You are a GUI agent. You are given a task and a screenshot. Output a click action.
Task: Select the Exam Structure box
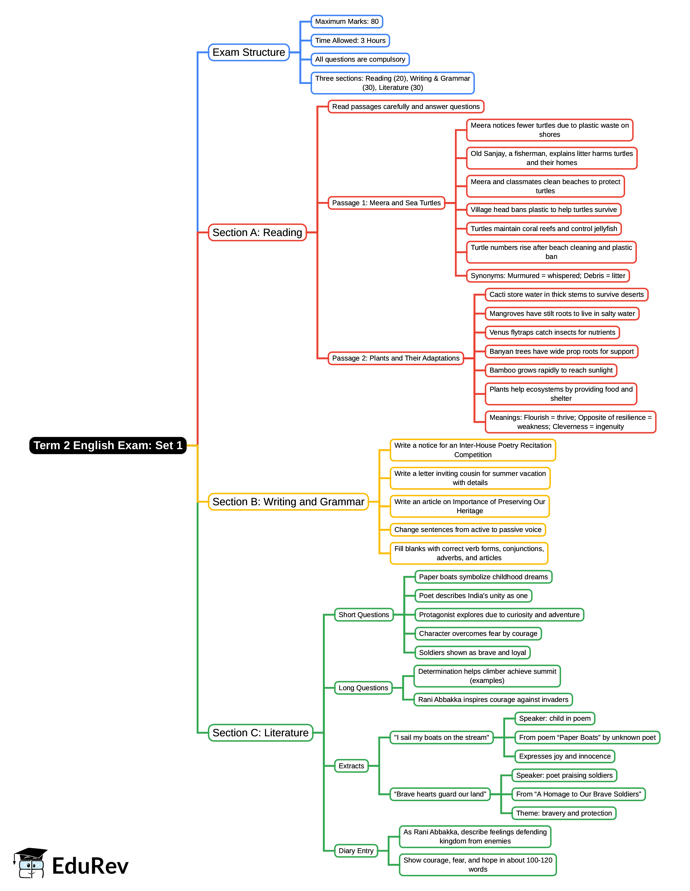[x=249, y=53]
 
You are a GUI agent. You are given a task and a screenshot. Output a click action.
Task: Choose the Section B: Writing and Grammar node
[x=288, y=502]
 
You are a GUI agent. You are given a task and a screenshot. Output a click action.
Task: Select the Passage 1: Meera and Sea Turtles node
[x=386, y=203]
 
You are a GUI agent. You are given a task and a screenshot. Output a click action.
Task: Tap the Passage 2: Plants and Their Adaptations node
[x=396, y=358]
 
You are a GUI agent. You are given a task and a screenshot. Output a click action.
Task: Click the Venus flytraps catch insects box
[x=552, y=333]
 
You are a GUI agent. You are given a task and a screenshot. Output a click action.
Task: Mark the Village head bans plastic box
[x=544, y=210]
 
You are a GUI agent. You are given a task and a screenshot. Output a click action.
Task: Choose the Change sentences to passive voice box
[x=468, y=530]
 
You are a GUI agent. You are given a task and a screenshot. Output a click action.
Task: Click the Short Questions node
[x=364, y=615]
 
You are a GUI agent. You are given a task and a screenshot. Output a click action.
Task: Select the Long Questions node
[x=363, y=688]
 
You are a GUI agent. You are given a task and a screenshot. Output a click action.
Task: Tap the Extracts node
[x=351, y=766]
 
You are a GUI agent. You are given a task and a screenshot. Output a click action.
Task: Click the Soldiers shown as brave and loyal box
[x=472, y=653]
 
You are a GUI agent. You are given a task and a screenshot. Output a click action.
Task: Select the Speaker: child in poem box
[x=555, y=718]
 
